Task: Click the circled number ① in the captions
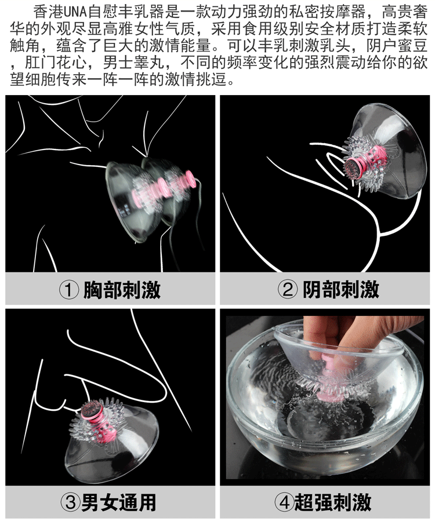(x=68, y=290)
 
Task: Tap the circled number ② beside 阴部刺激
(x=287, y=290)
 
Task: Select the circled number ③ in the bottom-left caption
(x=70, y=502)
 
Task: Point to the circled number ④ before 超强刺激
(x=284, y=502)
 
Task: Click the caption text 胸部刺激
(x=122, y=290)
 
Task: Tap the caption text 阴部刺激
(x=341, y=290)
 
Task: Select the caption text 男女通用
(x=119, y=502)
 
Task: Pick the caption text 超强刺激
(x=333, y=502)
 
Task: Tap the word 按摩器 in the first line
(x=343, y=12)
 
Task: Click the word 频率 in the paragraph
(x=242, y=63)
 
